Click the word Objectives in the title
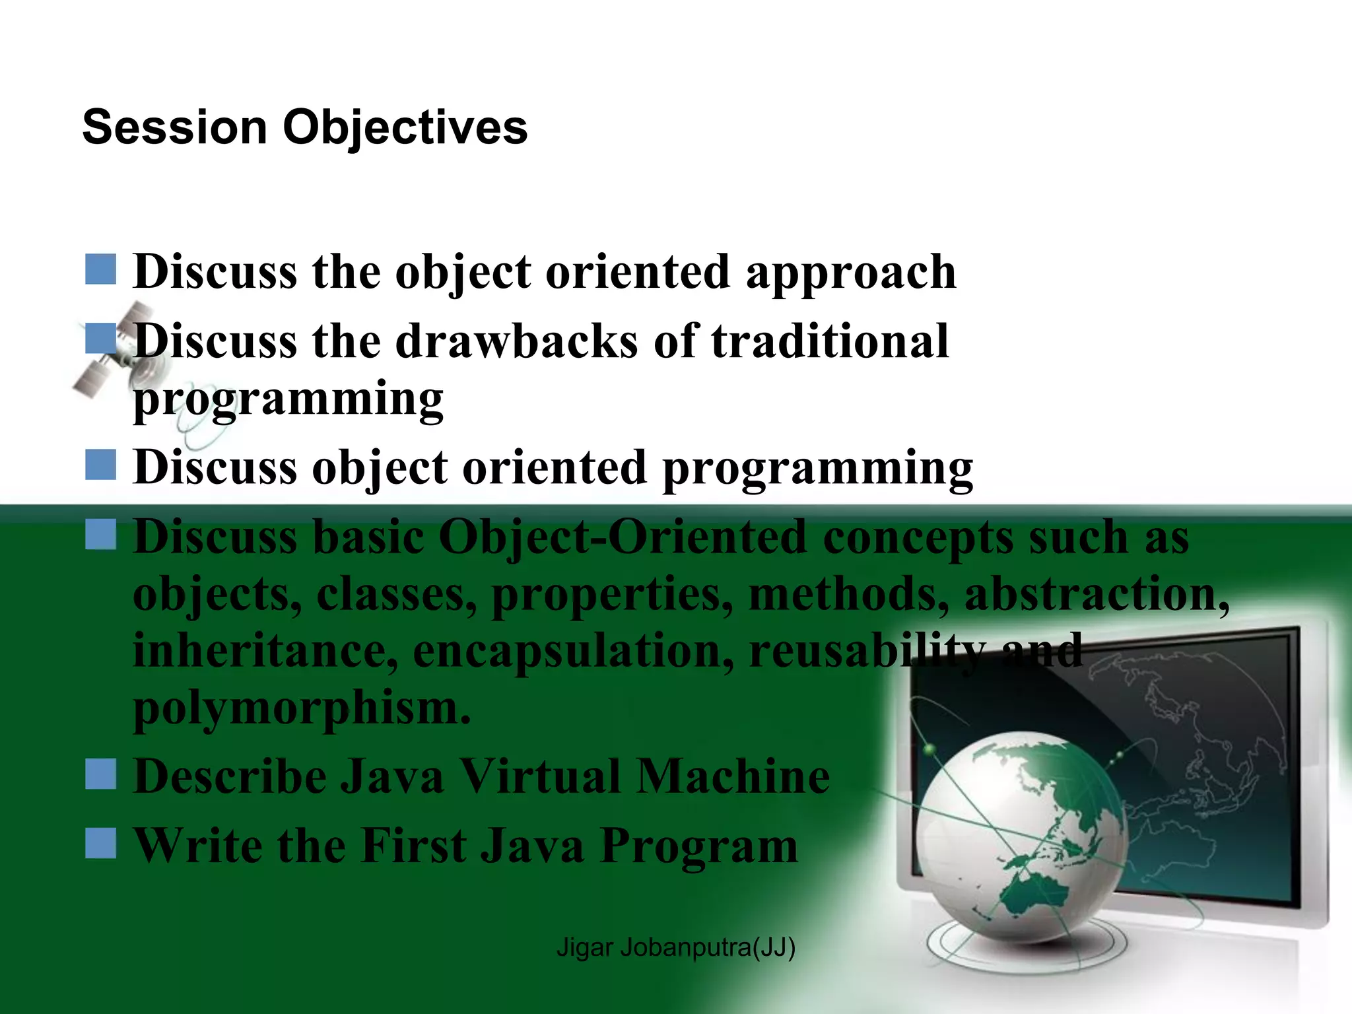(x=405, y=128)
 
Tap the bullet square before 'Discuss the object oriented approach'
(x=101, y=269)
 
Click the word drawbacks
(x=516, y=341)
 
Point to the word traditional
(x=829, y=341)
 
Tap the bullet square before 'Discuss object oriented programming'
(x=101, y=465)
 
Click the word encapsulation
(x=572, y=651)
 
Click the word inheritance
(x=265, y=651)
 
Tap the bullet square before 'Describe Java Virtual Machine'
(x=101, y=774)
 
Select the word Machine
(x=733, y=777)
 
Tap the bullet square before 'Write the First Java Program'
(x=101, y=843)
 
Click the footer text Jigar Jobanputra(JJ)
(x=675, y=947)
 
